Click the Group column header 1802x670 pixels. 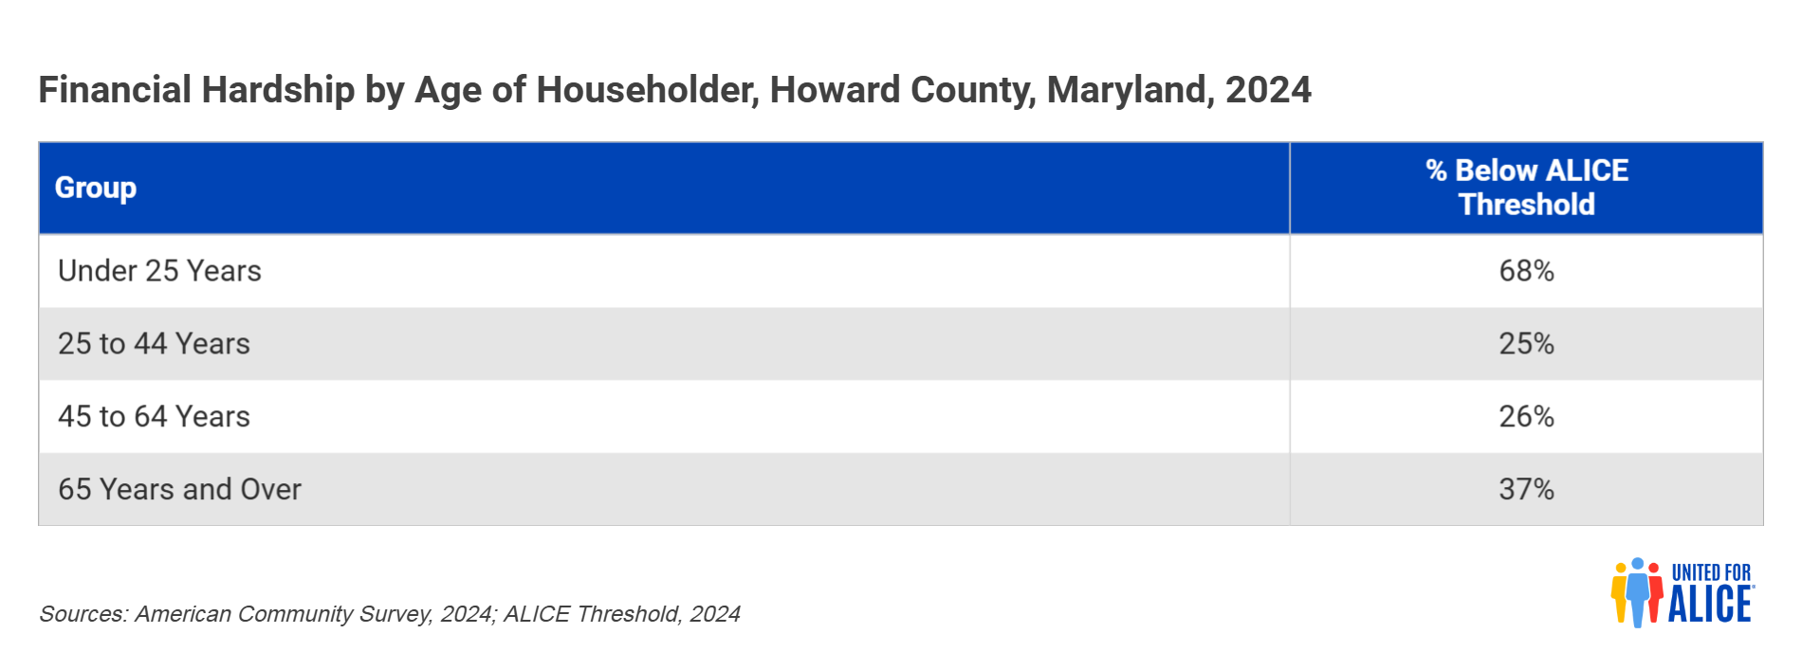click(96, 188)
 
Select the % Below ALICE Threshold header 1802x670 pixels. click(1527, 188)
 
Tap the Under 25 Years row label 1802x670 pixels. click(159, 271)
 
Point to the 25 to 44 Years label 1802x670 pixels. click(154, 343)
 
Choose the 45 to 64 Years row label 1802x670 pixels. click(154, 416)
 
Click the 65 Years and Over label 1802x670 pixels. click(179, 489)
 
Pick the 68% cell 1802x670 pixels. click(1527, 271)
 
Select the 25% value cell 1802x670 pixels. click(1527, 343)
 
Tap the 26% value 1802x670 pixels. click(1527, 416)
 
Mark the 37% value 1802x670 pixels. click(1527, 489)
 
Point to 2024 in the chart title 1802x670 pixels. click(1268, 90)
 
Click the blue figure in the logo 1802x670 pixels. click(1637, 592)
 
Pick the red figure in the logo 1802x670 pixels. click(1655, 593)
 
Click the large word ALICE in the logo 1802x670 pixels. click(1710, 604)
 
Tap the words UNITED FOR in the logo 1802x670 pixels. click(1711, 572)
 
